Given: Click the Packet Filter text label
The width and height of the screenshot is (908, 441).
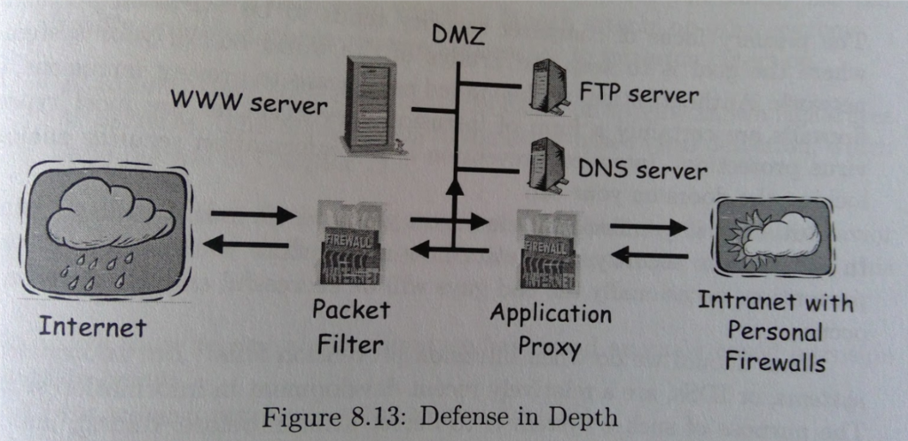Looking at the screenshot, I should [x=350, y=326].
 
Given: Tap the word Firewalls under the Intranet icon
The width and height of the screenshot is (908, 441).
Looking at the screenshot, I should [x=774, y=362].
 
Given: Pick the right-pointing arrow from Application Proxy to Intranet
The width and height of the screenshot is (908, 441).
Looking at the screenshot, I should [x=649, y=227].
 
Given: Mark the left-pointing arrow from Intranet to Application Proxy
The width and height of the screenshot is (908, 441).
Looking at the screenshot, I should [x=649, y=257].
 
